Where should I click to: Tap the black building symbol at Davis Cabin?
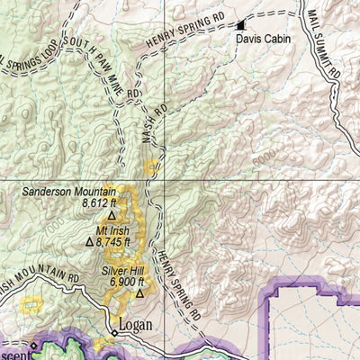pos(240,26)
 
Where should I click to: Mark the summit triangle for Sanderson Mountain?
pos(112,216)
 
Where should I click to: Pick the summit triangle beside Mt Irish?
pos(89,241)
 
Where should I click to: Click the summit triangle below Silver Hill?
pos(139,293)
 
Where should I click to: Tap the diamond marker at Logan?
pos(114,333)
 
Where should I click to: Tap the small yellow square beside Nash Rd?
pos(152,166)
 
